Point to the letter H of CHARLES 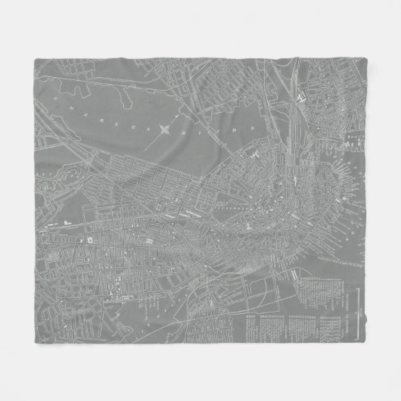pyautogui.click(x=102, y=105)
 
